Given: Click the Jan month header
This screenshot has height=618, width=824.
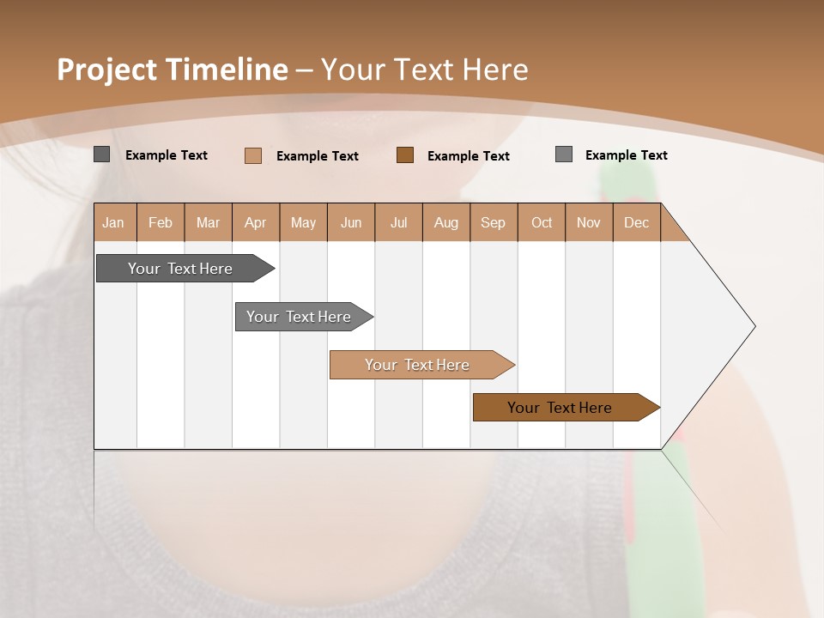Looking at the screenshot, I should click(114, 222).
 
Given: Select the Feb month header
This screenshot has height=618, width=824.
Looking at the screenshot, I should click(161, 222).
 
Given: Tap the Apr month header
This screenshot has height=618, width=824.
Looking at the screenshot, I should click(256, 222).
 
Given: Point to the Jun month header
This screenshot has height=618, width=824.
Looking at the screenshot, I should click(351, 222).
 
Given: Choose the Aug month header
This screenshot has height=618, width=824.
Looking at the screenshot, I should click(446, 222).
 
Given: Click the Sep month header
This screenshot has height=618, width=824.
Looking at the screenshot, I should click(494, 222).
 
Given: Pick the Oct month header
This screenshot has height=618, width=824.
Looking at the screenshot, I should click(542, 222).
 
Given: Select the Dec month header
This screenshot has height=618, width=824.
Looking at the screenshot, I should click(637, 222).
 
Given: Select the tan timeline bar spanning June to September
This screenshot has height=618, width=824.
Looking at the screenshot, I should click(419, 365).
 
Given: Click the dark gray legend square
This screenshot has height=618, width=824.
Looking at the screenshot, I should click(102, 154).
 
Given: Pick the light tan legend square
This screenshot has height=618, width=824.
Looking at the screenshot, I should click(253, 155).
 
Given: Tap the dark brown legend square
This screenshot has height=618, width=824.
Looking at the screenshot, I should click(405, 155).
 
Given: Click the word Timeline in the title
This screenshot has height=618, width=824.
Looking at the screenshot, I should click(227, 70).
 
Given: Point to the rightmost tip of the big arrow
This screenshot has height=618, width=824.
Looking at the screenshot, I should click(754, 326).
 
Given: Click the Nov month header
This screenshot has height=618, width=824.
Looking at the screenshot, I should click(589, 222).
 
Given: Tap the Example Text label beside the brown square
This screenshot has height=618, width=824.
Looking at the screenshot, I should click(469, 156).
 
